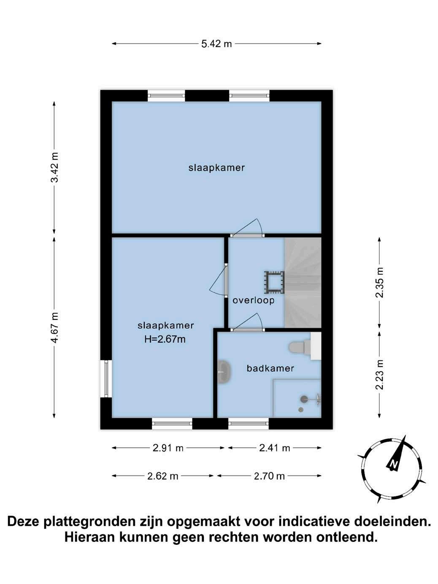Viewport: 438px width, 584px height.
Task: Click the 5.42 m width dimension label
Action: (x=216, y=44)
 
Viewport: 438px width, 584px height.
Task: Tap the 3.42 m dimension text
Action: (x=54, y=168)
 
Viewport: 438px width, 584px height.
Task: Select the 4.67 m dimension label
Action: (x=54, y=327)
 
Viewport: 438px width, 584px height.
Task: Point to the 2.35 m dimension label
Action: (x=379, y=283)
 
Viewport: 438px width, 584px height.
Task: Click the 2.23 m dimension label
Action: (x=379, y=375)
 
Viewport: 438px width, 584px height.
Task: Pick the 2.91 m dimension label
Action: (x=168, y=448)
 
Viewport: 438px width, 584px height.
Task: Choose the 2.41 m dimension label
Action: (x=274, y=448)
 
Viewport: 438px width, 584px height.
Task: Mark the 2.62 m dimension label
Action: (x=162, y=476)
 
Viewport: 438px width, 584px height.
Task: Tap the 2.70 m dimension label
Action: (x=269, y=476)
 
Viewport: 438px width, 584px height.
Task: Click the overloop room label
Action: (x=254, y=300)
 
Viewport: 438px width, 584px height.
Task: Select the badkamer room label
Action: (x=270, y=368)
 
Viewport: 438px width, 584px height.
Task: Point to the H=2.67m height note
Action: (x=165, y=339)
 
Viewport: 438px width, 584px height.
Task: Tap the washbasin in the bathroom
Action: (x=224, y=372)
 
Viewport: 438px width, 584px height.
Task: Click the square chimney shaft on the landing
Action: (x=274, y=282)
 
